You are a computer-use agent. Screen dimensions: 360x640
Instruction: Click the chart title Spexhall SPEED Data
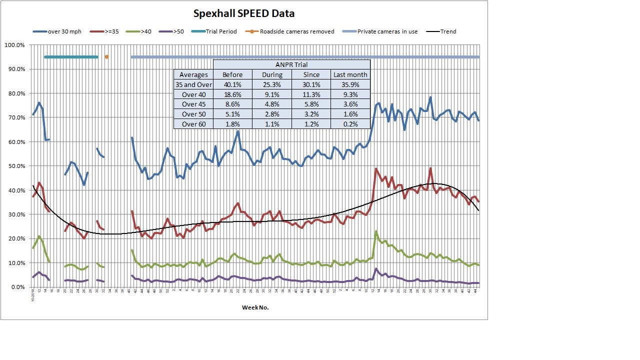tap(244, 13)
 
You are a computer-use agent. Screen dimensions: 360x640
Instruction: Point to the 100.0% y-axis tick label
tap(14, 45)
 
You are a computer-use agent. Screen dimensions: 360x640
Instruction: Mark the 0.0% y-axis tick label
tap(17, 287)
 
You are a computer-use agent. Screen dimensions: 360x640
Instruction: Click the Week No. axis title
tap(255, 307)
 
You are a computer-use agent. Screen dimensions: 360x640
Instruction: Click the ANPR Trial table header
tap(291, 64)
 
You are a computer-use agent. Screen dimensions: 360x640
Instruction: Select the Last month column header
tap(350, 74)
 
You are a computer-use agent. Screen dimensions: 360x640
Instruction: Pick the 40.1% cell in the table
tap(232, 84)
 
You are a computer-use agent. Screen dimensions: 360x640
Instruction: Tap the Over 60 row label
tap(193, 124)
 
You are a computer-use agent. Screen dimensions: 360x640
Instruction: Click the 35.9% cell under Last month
tap(350, 84)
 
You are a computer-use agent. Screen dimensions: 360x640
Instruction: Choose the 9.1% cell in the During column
tap(272, 94)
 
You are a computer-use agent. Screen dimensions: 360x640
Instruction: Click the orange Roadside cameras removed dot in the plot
tap(106, 57)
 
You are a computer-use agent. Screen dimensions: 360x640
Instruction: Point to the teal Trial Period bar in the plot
tap(71, 57)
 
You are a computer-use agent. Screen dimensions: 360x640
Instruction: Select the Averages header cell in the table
tap(193, 74)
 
